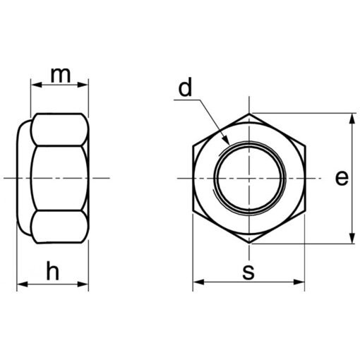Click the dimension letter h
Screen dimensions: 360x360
point(53,270)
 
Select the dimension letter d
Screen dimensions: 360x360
point(185,88)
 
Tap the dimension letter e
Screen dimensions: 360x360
point(342,179)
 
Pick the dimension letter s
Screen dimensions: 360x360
point(248,271)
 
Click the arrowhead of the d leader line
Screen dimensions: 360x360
point(225,140)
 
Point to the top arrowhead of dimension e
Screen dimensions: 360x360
point(352,118)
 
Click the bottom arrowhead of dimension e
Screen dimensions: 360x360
point(352,239)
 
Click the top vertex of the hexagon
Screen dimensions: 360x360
point(248,112)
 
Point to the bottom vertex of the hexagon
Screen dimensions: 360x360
point(248,245)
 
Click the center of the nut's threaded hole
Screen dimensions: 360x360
point(248,179)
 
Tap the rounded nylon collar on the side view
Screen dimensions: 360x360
point(23,179)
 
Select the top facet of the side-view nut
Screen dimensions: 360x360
point(59,129)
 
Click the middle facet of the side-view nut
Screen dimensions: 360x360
point(59,179)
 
